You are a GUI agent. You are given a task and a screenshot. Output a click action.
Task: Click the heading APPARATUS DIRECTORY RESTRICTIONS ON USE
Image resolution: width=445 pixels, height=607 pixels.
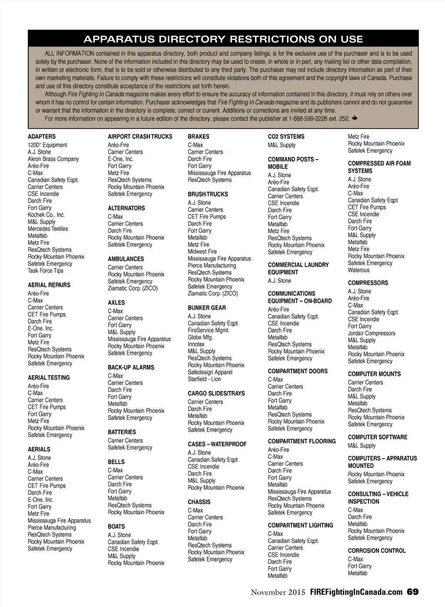coord(223,39)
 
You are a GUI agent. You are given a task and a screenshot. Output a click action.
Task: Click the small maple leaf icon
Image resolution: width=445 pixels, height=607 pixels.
coord(355,118)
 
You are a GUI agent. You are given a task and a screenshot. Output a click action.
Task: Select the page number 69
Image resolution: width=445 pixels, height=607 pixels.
coord(412,592)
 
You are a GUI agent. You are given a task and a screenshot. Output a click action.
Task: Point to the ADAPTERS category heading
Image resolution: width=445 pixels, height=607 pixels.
coord(42,136)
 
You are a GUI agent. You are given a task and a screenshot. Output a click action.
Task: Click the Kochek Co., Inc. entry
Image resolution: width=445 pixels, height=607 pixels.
coord(46,215)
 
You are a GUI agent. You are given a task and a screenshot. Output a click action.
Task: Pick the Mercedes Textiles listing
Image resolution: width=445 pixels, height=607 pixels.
coord(48,229)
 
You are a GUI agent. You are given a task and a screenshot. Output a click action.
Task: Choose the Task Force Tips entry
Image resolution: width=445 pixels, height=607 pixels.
coord(46,271)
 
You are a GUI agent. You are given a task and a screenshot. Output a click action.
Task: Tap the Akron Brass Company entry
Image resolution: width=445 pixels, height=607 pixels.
coord(53,159)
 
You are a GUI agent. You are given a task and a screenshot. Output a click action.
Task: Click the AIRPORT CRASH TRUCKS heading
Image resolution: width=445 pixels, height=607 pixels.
coord(140,136)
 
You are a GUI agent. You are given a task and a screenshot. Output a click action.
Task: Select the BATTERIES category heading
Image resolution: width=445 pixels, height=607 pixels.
coord(122,432)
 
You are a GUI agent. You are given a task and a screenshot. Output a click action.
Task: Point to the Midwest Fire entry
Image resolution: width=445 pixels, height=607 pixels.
coord(202,252)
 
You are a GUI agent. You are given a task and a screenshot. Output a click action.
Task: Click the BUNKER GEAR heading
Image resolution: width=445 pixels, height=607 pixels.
coord(207,308)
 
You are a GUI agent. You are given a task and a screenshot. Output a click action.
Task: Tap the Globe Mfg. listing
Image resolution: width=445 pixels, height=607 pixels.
coord(200,337)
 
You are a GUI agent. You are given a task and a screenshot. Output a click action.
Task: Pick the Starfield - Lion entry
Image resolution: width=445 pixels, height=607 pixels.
coord(204,379)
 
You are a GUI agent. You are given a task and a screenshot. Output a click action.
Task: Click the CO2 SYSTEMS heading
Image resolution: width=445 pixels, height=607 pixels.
coord(286,136)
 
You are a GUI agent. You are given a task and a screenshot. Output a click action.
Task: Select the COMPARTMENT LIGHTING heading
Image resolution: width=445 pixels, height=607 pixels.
coord(300,525)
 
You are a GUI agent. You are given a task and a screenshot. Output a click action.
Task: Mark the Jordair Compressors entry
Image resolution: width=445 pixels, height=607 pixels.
coord(372,333)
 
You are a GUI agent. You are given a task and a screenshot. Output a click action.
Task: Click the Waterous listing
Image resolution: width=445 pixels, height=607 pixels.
coord(359,270)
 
